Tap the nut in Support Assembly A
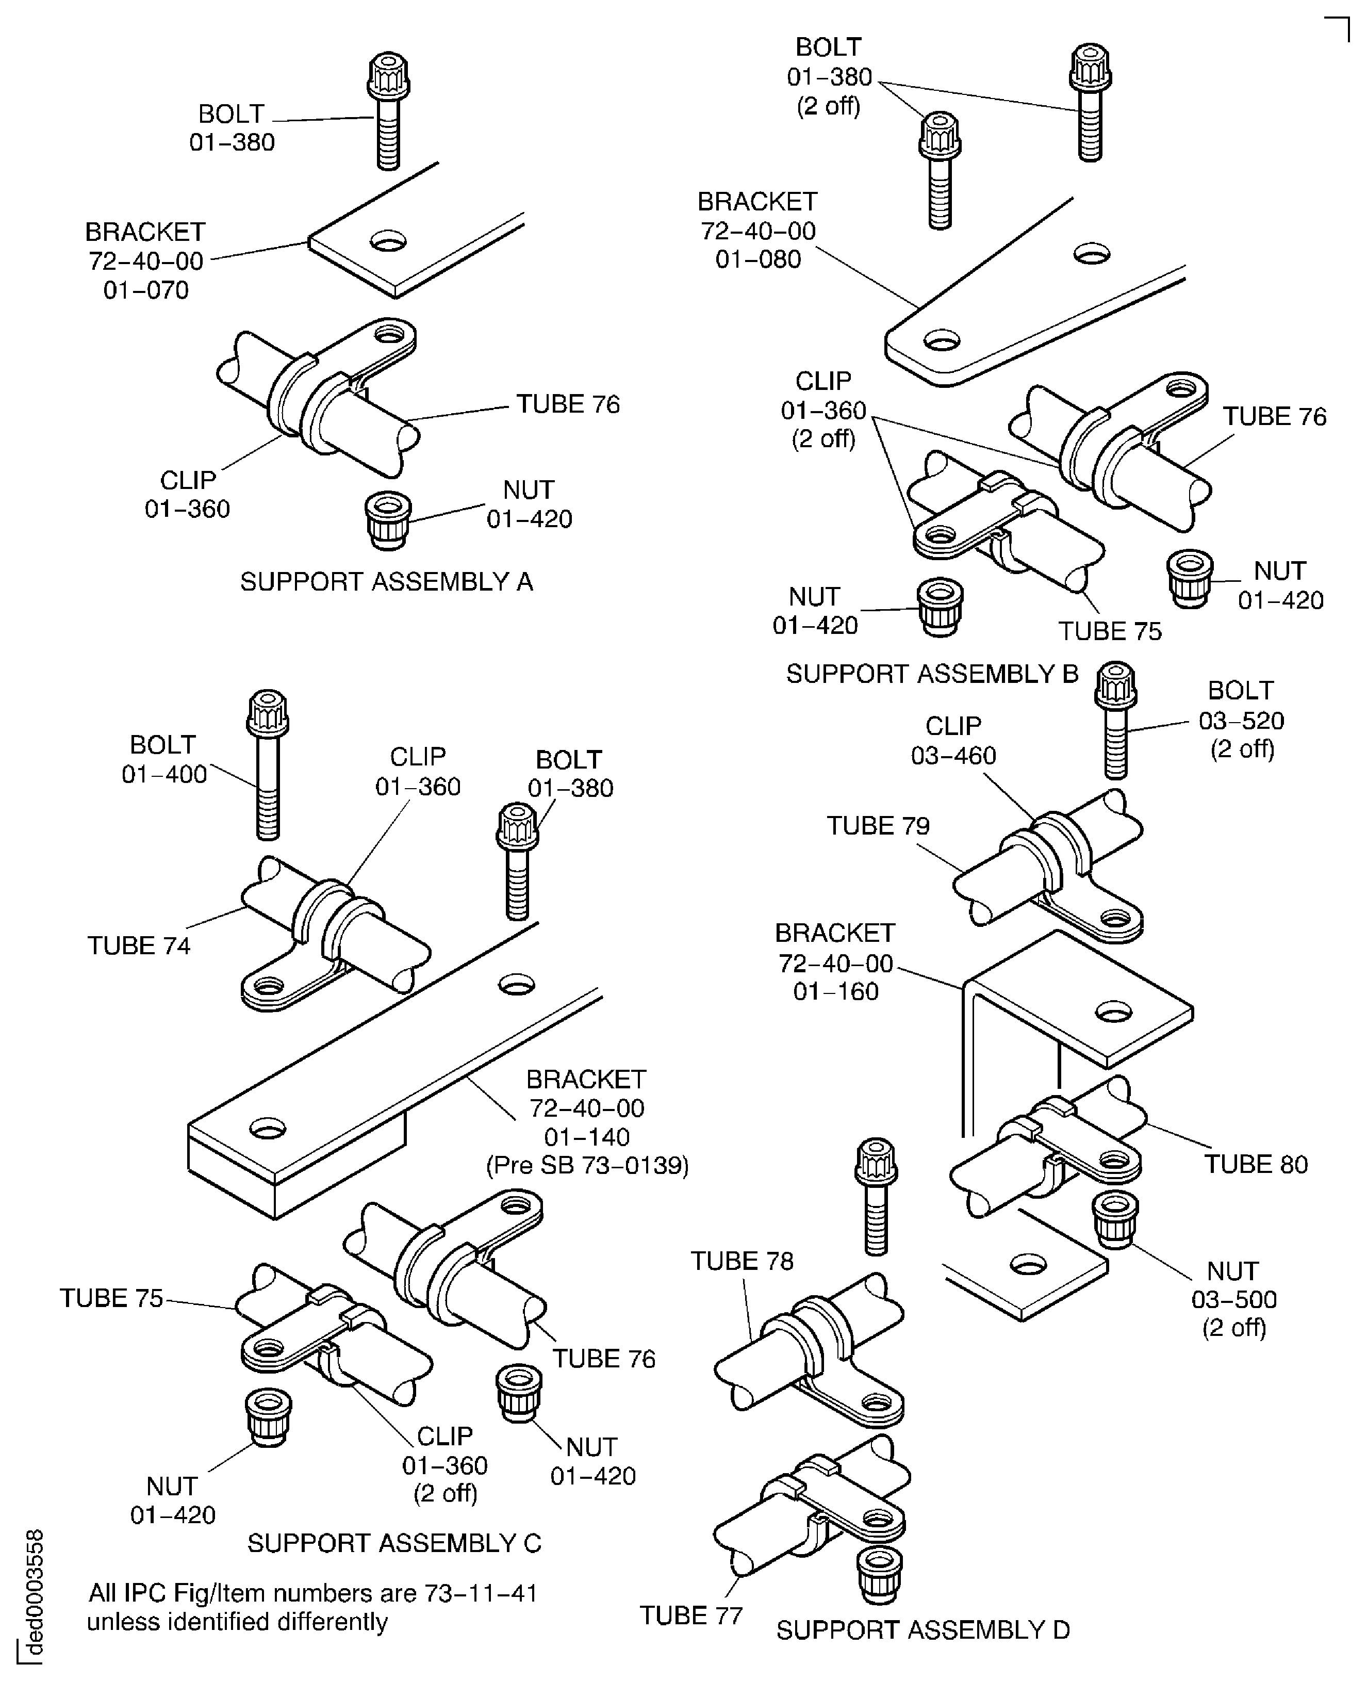(387, 520)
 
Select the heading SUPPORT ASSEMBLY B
(932, 674)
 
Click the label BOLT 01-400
(164, 759)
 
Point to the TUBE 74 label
(139, 945)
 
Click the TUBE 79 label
(878, 825)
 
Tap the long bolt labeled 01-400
(268, 764)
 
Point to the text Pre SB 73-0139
(587, 1165)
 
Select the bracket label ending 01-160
(835, 962)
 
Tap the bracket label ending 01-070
(146, 260)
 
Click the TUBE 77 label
(690, 1615)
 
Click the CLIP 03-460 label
(953, 741)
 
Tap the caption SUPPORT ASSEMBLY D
(923, 1630)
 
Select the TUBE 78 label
(742, 1261)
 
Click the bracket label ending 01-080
(757, 230)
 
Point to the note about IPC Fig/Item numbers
(312, 1607)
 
